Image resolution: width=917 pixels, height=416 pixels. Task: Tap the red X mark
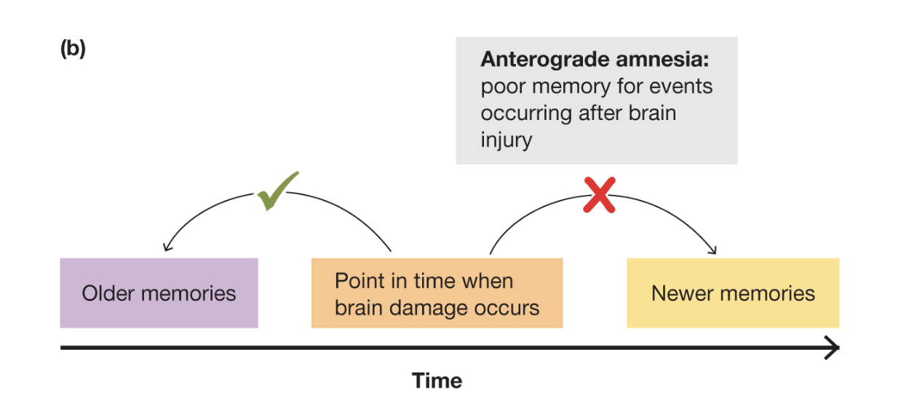click(600, 195)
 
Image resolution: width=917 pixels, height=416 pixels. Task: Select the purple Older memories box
click(159, 293)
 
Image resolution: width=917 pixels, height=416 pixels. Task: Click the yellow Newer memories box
click(733, 293)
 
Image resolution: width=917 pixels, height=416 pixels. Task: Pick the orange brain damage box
click(437, 293)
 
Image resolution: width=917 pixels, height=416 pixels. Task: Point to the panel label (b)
click(73, 49)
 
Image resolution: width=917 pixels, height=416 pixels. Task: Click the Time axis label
click(437, 380)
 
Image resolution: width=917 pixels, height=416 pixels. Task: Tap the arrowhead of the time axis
click(833, 348)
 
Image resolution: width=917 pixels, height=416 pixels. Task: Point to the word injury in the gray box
click(506, 140)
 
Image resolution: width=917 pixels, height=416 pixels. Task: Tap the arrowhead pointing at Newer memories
click(712, 250)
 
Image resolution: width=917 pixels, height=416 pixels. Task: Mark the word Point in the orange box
click(358, 281)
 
